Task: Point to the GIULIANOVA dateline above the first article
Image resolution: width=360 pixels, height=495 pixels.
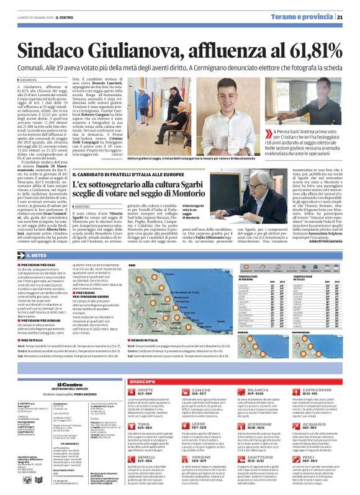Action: pos(30,80)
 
